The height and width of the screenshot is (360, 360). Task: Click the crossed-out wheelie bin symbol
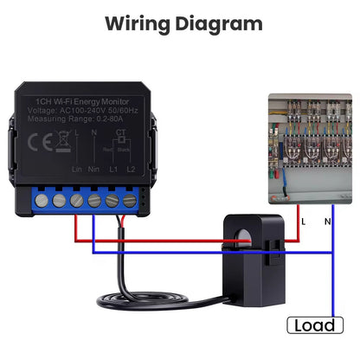(63, 141)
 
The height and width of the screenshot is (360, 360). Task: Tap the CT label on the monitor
(120, 132)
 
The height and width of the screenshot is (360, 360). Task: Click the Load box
(314, 325)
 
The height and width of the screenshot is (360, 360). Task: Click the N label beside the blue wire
(326, 222)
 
